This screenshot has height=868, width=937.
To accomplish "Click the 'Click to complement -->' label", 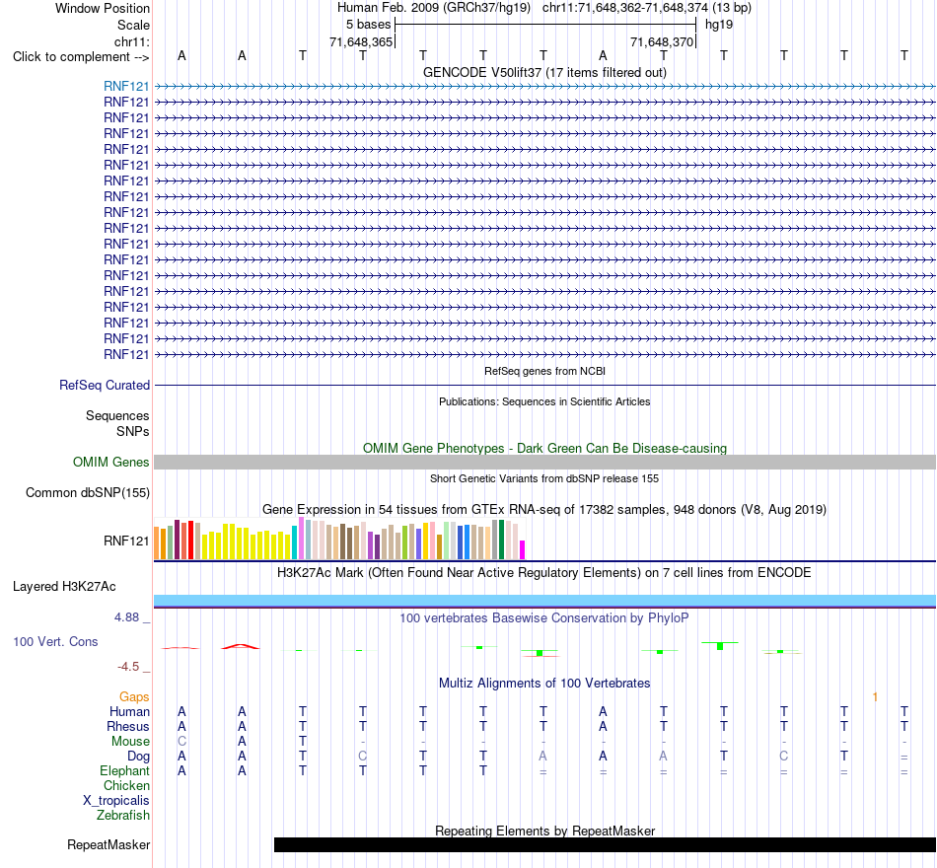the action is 81,57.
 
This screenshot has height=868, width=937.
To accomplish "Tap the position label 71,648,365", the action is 361,41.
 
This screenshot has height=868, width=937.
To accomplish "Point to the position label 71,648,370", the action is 662,41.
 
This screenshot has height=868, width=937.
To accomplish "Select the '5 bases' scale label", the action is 368,25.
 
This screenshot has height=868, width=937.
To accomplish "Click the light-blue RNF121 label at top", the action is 126,86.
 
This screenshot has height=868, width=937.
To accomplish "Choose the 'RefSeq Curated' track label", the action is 104,385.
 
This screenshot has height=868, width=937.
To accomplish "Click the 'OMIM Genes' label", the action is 110,462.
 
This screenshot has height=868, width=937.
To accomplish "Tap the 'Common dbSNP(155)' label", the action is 87,492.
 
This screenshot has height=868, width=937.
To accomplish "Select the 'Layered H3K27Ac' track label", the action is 64,587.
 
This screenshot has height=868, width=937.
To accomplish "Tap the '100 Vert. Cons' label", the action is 55,641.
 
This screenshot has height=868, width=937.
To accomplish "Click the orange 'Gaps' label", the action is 134,696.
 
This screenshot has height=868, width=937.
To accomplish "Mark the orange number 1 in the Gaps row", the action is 875,697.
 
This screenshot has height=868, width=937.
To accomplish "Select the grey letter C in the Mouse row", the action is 181,742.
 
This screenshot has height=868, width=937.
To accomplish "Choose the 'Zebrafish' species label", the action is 123,815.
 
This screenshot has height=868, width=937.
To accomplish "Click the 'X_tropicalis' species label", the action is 116,801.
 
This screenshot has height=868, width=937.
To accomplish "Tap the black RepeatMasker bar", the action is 605,844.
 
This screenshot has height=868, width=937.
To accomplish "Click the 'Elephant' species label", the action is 124,770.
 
